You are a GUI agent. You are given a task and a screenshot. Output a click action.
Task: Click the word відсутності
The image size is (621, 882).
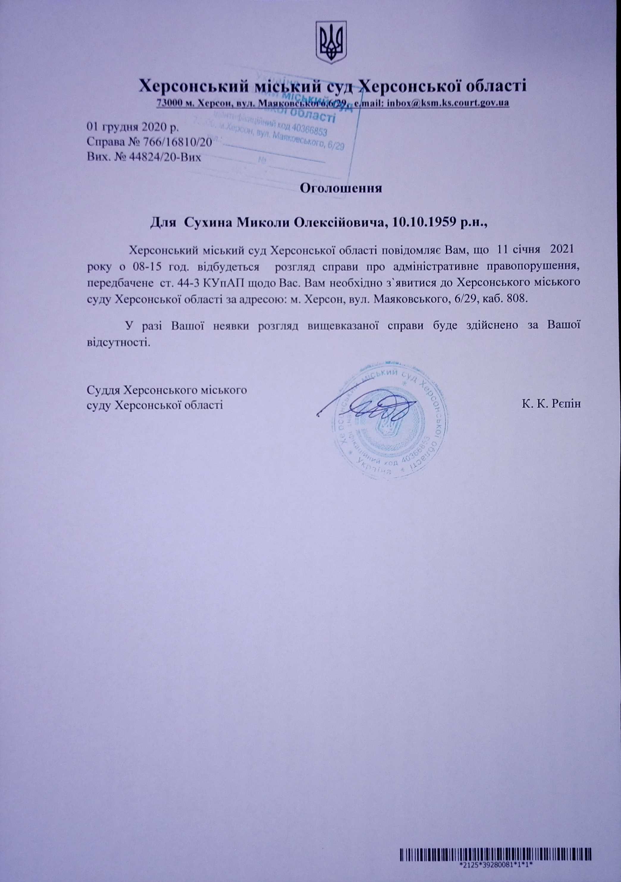(117, 341)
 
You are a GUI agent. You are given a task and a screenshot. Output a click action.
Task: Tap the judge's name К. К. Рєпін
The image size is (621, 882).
(551, 404)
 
